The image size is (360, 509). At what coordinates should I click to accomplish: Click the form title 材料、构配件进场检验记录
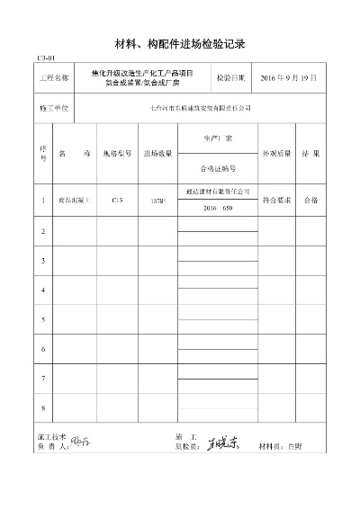pyautogui.click(x=181, y=42)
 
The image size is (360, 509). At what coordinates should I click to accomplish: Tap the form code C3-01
pyautogui.click(x=47, y=58)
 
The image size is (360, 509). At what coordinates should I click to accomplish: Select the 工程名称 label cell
pyautogui.click(x=54, y=78)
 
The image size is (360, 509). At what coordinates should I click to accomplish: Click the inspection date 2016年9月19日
pyautogui.click(x=288, y=78)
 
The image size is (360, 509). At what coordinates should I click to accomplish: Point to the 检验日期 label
pyautogui.click(x=230, y=78)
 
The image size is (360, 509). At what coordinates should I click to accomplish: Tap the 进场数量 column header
pyautogui.click(x=157, y=154)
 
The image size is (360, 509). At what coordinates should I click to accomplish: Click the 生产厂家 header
pyautogui.click(x=218, y=139)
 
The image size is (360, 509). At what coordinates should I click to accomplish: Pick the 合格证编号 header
pyautogui.click(x=218, y=168)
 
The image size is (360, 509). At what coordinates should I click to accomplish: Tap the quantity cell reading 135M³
pyautogui.click(x=157, y=201)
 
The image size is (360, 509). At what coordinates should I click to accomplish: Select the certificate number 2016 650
pyautogui.click(x=218, y=208)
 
